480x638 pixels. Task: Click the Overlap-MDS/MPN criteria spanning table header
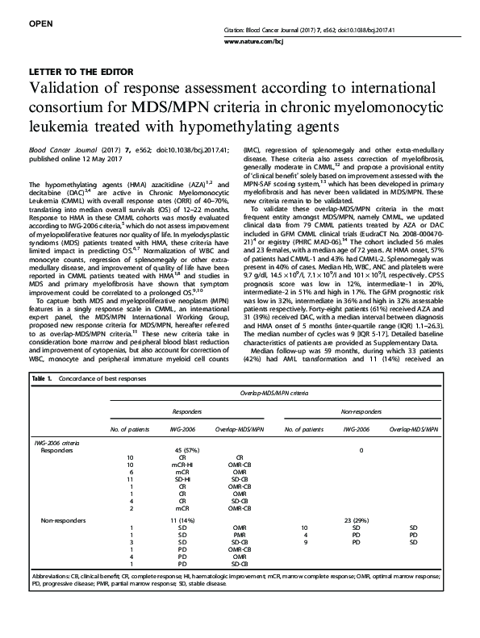tap(266, 392)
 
